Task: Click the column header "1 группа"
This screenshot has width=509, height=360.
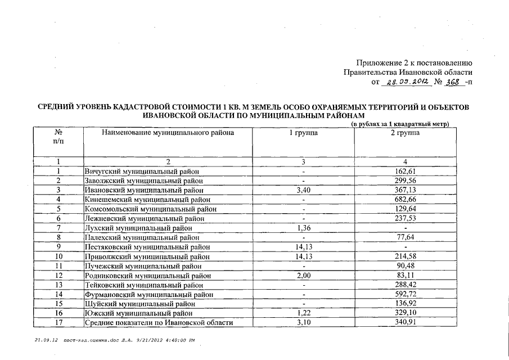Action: [x=304, y=133]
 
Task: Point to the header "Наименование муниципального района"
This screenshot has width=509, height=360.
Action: [x=168, y=133]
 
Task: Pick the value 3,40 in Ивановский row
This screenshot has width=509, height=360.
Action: [x=304, y=190]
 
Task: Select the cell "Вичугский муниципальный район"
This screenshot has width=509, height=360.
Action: [x=142, y=171]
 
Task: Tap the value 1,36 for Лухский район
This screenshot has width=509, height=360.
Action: [x=304, y=228]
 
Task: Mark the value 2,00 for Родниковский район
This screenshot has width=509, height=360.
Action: [x=304, y=275]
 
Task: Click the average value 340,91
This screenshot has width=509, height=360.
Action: [x=405, y=322]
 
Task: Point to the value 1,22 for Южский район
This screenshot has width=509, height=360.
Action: [x=304, y=313]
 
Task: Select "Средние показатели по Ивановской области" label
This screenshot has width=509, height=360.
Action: [x=158, y=322]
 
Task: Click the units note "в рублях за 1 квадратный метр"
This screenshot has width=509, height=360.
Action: [x=400, y=124]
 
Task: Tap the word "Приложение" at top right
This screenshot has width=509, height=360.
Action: [x=379, y=62]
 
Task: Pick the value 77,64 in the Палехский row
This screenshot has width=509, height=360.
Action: [x=405, y=237]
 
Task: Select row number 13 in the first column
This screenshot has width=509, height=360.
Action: [x=58, y=285]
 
